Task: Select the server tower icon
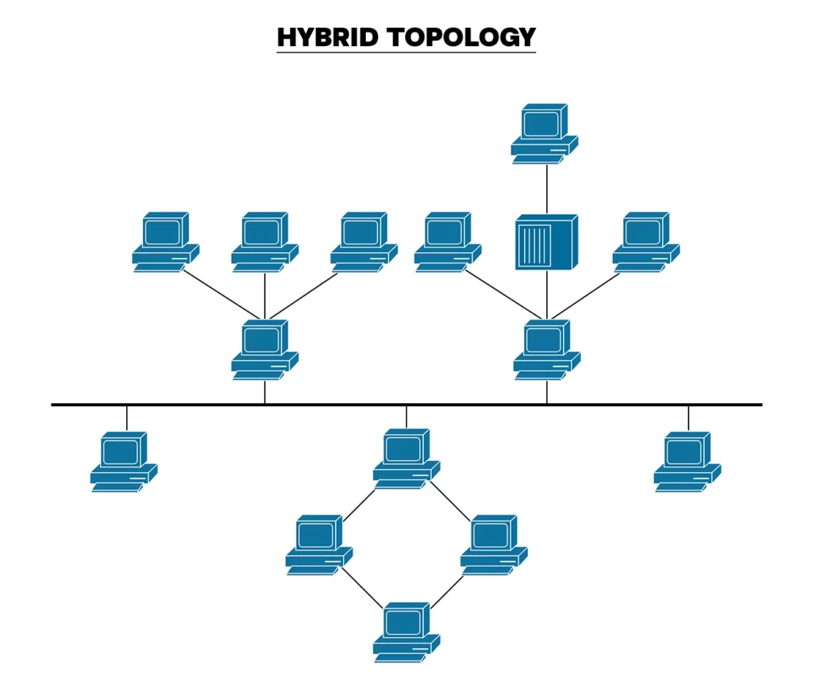(x=546, y=241)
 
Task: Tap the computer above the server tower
(x=545, y=133)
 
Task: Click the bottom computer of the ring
(x=406, y=632)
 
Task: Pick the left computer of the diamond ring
(x=318, y=544)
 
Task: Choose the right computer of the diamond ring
(x=493, y=544)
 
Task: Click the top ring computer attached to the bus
(x=406, y=458)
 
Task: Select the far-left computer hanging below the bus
(x=123, y=461)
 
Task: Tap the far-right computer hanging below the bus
(x=687, y=461)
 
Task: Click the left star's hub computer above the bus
(x=264, y=349)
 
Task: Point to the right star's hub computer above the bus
(x=546, y=349)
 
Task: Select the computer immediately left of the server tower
(x=447, y=241)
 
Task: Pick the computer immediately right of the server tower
(x=645, y=241)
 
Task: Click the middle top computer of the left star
(x=264, y=241)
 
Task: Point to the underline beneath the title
(x=406, y=52)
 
